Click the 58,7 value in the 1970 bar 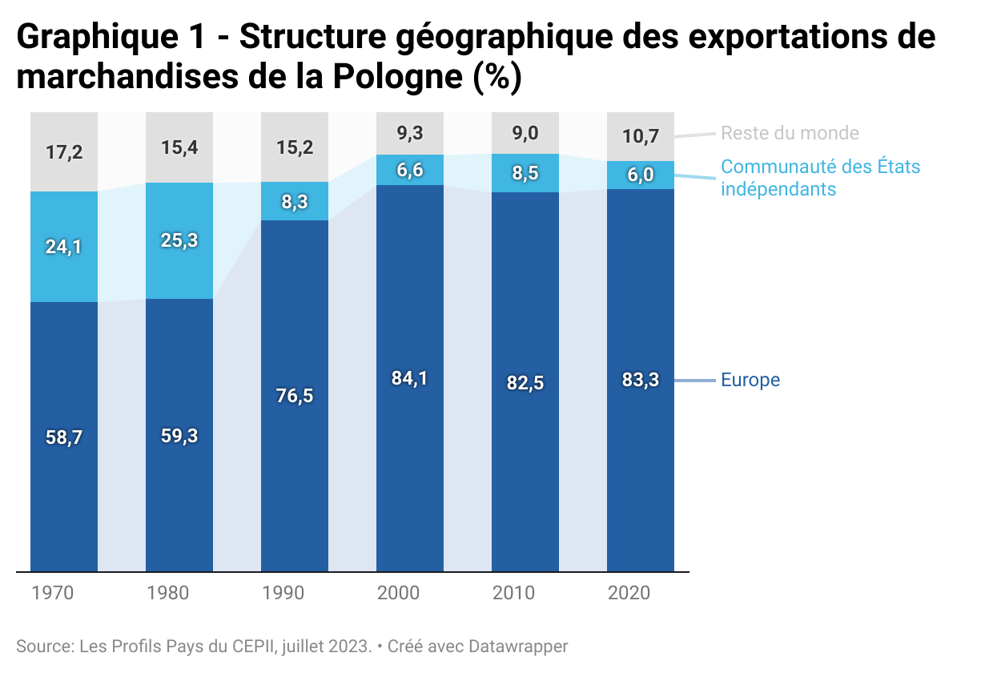pyautogui.click(x=64, y=437)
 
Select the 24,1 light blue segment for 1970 pyautogui.click(x=64, y=247)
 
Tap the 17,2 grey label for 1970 pyautogui.click(x=64, y=151)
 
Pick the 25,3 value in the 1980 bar pyautogui.click(x=179, y=240)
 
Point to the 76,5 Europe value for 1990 pyautogui.click(x=295, y=396)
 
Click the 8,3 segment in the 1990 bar pyautogui.click(x=295, y=203)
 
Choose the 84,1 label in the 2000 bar pyautogui.click(x=410, y=378)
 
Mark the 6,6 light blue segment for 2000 pyautogui.click(x=410, y=170)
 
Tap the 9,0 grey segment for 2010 pyautogui.click(x=525, y=133)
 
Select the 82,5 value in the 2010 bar pyautogui.click(x=525, y=383)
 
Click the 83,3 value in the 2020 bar pyautogui.click(x=641, y=380)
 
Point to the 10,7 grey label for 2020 pyautogui.click(x=641, y=136)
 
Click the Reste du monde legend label pyautogui.click(x=790, y=133)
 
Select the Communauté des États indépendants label pyautogui.click(x=820, y=178)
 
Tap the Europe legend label pyautogui.click(x=750, y=380)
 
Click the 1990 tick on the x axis pyautogui.click(x=283, y=594)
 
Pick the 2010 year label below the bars pyautogui.click(x=514, y=594)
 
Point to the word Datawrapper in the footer pyautogui.click(x=518, y=646)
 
